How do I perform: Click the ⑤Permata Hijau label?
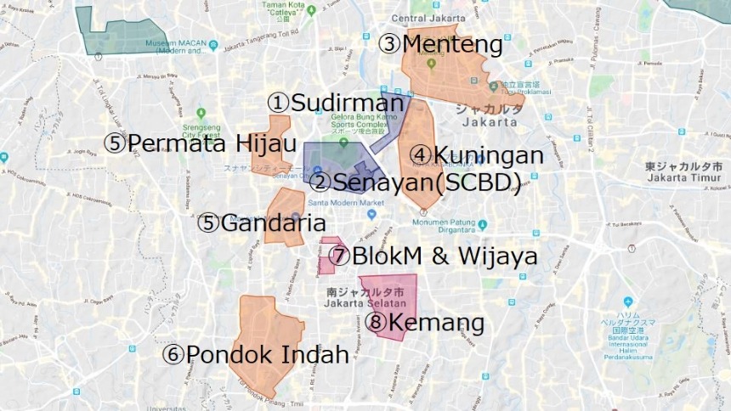(x=200, y=142)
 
